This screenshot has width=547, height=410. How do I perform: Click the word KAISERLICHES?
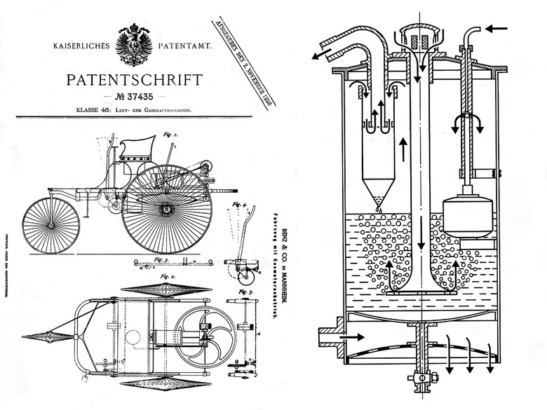tap(81, 46)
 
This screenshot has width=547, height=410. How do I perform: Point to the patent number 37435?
tap(137, 96)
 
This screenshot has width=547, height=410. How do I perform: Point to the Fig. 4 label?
tap(243, 205)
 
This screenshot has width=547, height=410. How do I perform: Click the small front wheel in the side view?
tap(48, 224)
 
